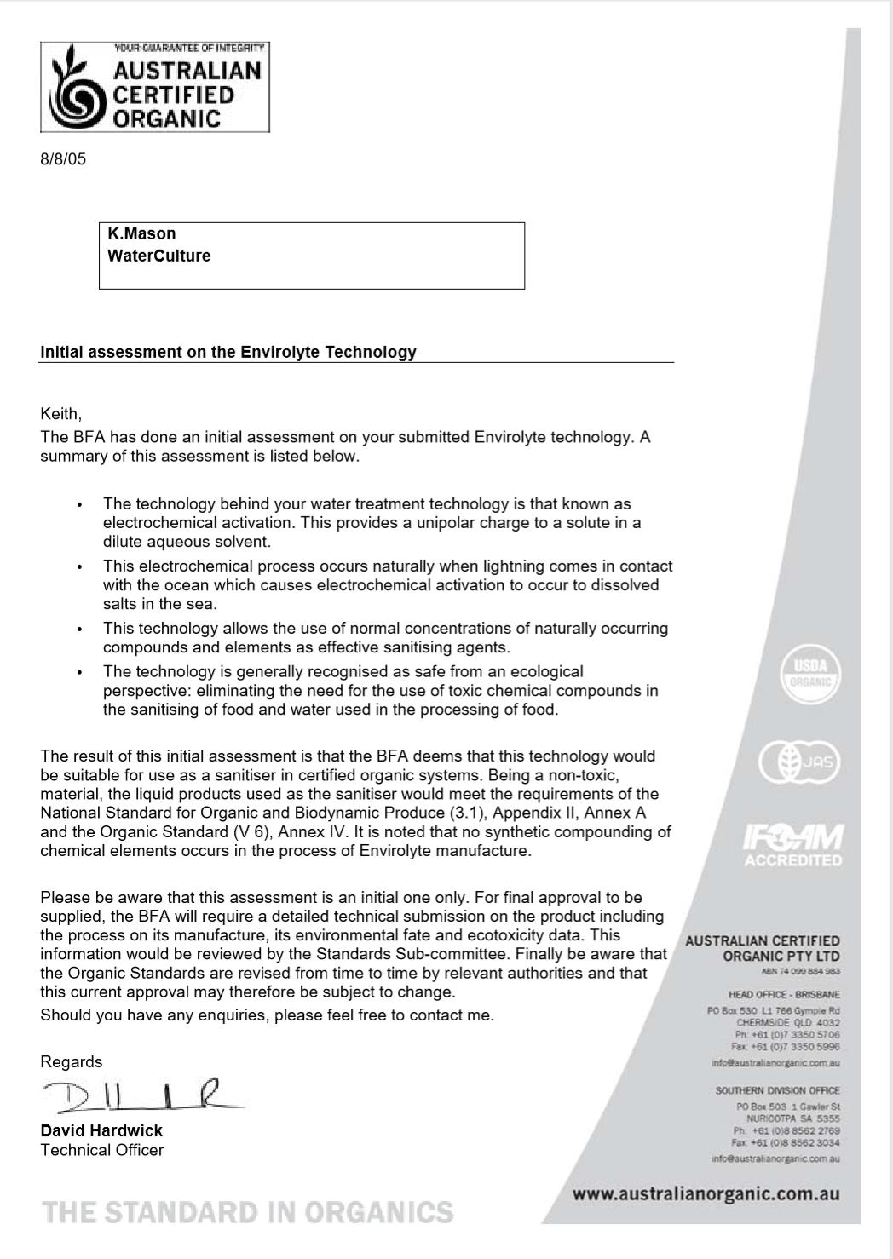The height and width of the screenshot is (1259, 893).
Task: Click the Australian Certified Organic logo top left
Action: point(154,87)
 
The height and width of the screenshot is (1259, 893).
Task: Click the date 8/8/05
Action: point(63,159)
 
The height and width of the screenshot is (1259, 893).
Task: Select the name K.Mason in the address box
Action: point(141,233)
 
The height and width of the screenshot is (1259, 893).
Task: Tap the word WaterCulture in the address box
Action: point(158,256)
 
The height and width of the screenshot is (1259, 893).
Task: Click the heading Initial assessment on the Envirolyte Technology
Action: point(228,352)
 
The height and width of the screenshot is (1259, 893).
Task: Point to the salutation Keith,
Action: point(60,414)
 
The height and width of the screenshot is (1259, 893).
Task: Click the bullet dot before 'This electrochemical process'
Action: point(79,566)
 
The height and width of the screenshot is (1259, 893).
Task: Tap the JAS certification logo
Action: point(799,762)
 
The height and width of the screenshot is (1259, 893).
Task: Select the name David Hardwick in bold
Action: point(101,1130)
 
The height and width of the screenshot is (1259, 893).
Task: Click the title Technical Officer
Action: point(101,1150)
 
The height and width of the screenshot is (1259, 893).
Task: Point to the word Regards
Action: point(71,1061)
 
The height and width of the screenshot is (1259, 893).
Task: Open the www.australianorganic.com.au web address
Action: point(706,1194)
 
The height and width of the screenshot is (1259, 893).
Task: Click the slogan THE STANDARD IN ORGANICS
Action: point(247,1212)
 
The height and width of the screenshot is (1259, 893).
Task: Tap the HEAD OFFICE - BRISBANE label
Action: point(784,994)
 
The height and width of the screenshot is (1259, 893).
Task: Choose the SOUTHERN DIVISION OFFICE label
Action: point(777,1090)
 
